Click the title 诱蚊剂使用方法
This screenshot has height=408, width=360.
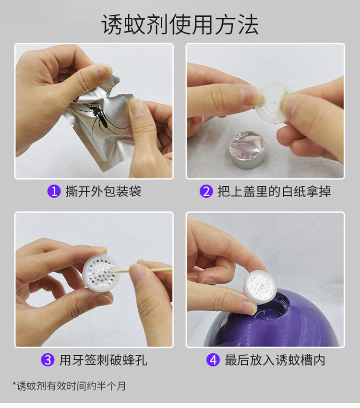[180, 24]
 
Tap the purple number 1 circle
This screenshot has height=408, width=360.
[54, 192]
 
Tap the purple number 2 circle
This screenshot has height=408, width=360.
[206, 192]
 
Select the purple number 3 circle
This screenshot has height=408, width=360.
[48, 360]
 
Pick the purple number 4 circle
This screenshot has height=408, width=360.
[213, 360]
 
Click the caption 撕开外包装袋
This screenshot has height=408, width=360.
[103, 192]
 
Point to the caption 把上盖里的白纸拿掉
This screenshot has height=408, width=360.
[274, 192]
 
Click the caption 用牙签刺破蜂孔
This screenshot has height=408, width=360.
[103, 360]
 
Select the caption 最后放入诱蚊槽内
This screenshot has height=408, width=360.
[275, 360]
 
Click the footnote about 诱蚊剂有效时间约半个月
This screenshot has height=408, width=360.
[69, 385]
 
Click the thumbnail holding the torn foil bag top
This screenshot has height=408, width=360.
[104, 70]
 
